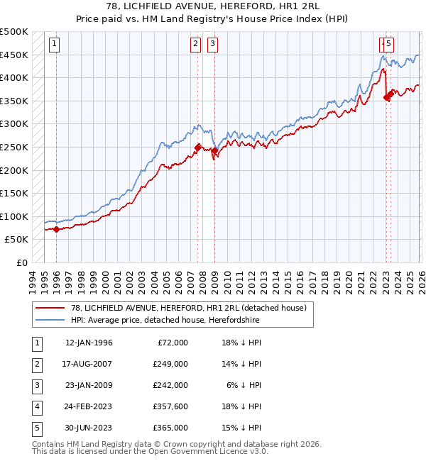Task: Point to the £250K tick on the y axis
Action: point(13,147)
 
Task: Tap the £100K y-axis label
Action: point(13,216)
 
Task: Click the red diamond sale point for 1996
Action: point(57,228)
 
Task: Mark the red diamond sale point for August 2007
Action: point(197,148)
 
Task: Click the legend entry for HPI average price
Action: point(165,321)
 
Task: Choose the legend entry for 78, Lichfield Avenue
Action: point(188,308)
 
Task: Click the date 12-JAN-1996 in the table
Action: point(89,343)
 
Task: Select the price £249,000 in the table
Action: point(170,364)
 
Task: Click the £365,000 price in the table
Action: point(170,428)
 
